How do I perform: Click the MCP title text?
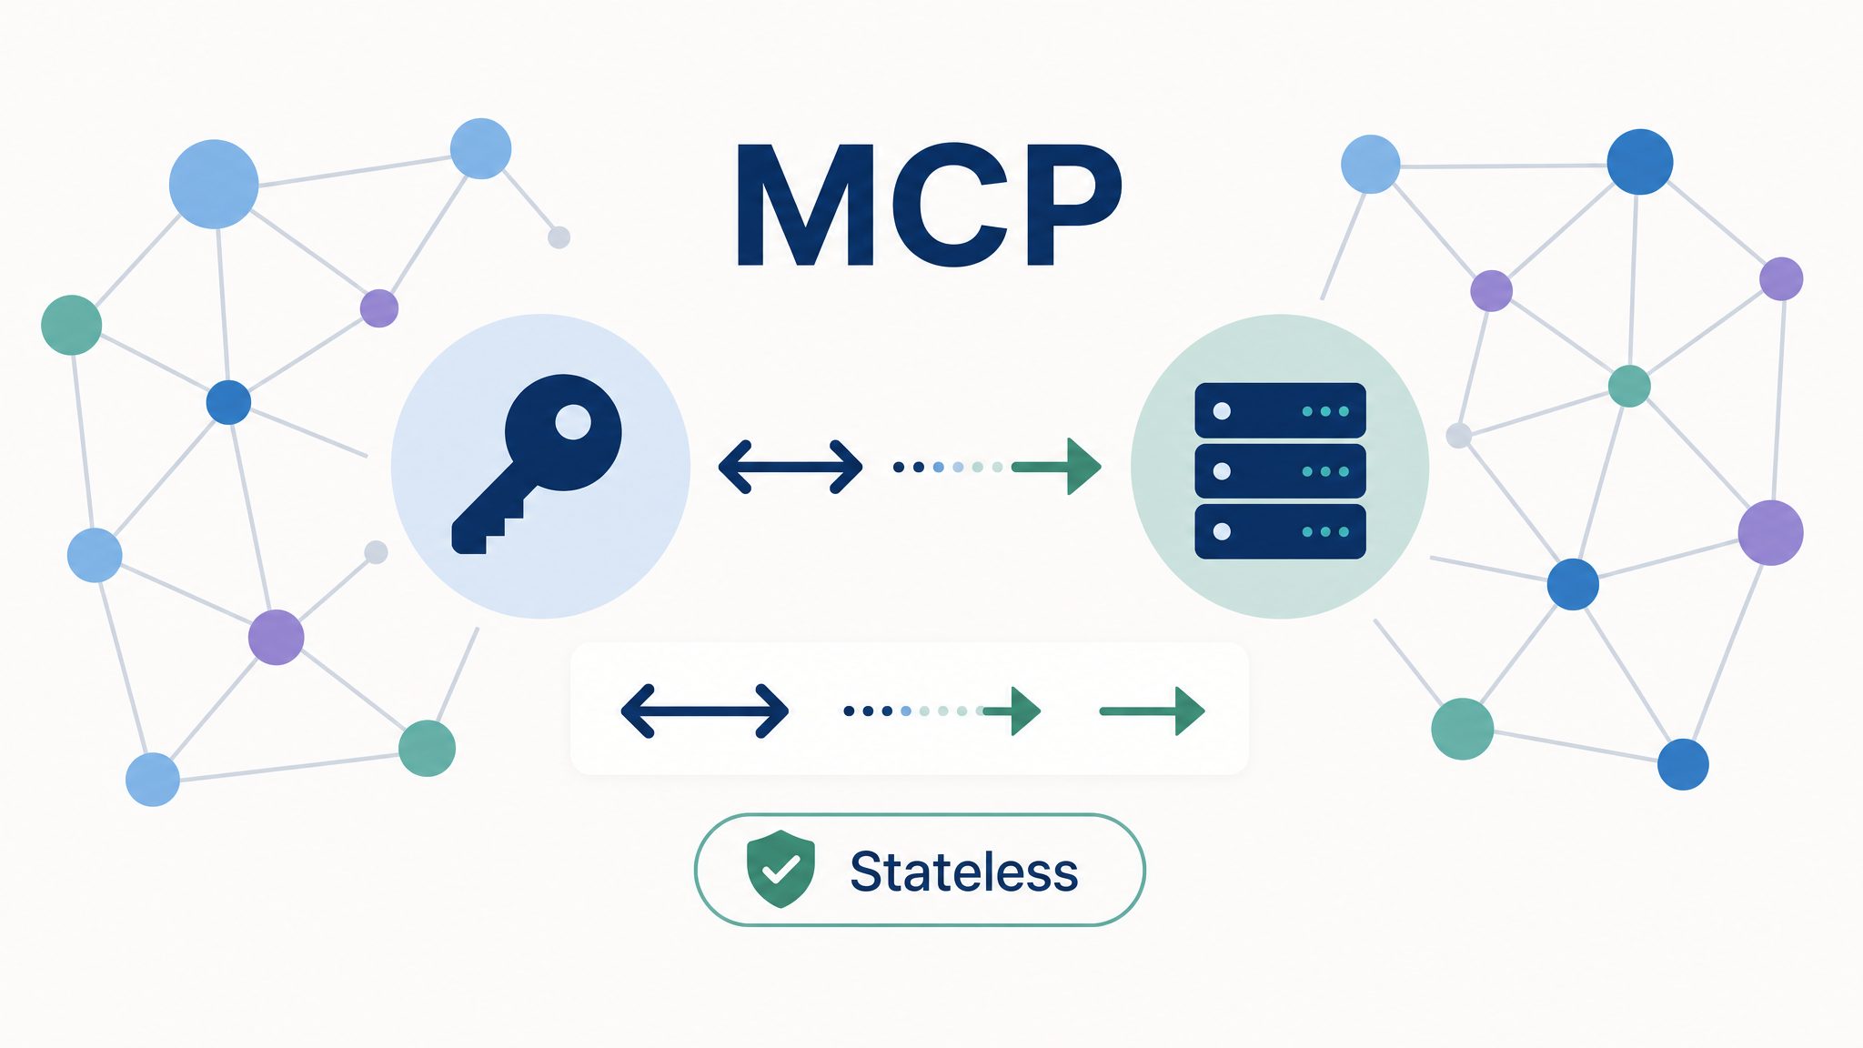tap(929, 205)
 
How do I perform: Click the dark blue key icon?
tap(537, 464)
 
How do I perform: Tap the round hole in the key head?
tap(573, 422)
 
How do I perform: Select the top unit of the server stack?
tap(1280, 411)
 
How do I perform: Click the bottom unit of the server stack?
tap(1280, 531)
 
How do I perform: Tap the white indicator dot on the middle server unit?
tap(1222, 471)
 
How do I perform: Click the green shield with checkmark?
tap(780, 869)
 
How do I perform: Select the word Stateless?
tap(964, 872)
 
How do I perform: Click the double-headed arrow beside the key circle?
tap(791, 468)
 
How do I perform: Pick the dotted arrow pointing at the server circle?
tap(997, 467)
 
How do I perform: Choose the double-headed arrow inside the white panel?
tap(705, 710)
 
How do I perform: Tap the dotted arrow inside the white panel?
tap(942, 710)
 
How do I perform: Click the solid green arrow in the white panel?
tap(1153, 710)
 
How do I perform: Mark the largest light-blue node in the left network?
tap(214, 184)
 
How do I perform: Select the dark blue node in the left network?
tap(228, 402)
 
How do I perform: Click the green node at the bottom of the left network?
tap(427, 748)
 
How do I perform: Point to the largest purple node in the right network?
tap(1770, 532)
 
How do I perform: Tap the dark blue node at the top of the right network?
tap(1640, 162)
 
